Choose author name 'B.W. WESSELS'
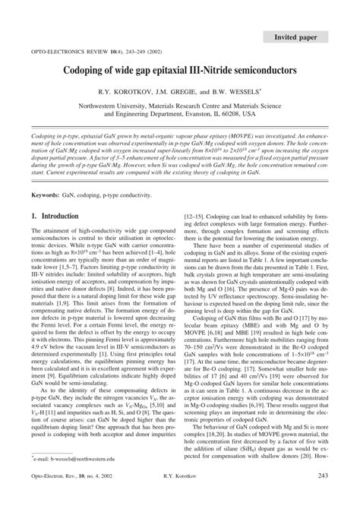tap(235, 91)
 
